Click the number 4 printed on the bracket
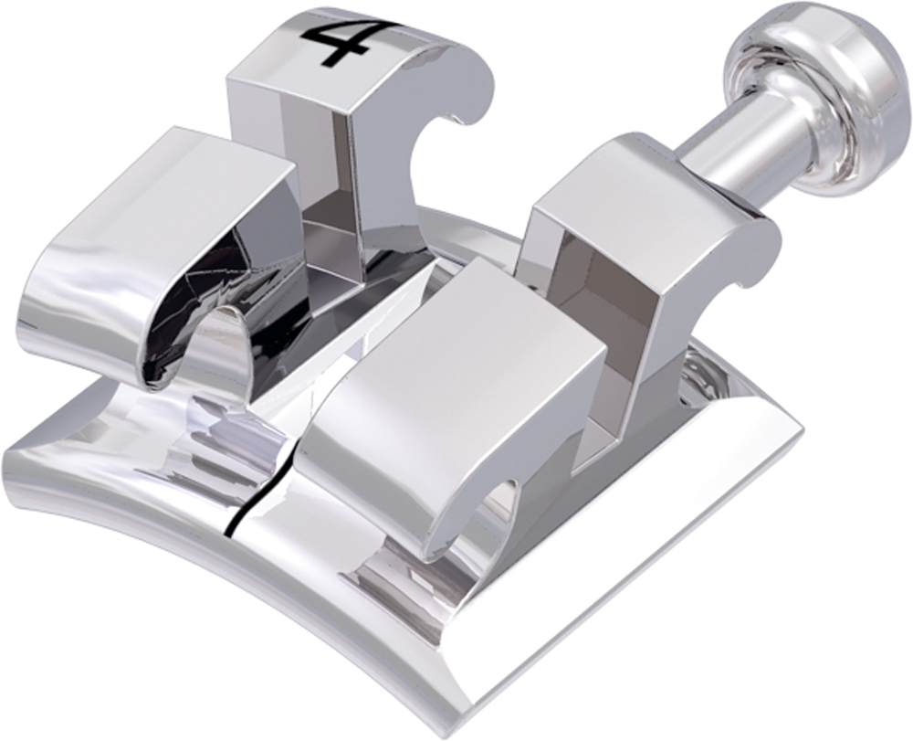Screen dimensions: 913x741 click(x=336, y=43)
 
